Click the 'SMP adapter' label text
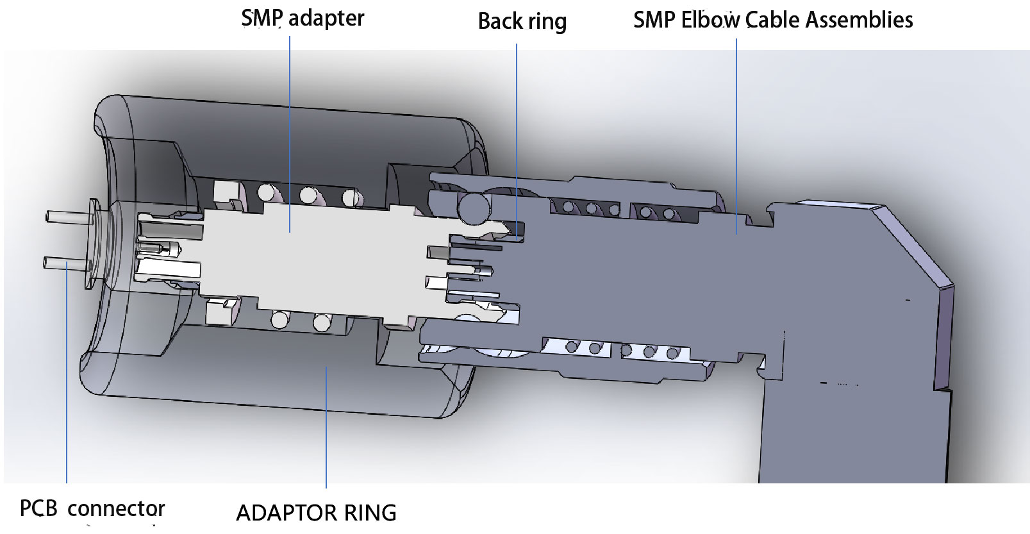coord(303,18)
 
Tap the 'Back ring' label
coord(522,21)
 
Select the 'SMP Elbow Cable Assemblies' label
coord(772,20)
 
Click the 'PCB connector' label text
coord(92,508)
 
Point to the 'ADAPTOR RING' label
coord(316,513)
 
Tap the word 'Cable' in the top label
coord(773,20)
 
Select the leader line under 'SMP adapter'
coord(290,128)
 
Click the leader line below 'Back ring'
coord(517,128)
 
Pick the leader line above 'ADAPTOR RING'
coord(326,430)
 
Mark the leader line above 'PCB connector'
coord(67,385)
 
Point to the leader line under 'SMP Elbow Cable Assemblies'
coord(736,128)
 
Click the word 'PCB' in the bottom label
coord(39,508)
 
